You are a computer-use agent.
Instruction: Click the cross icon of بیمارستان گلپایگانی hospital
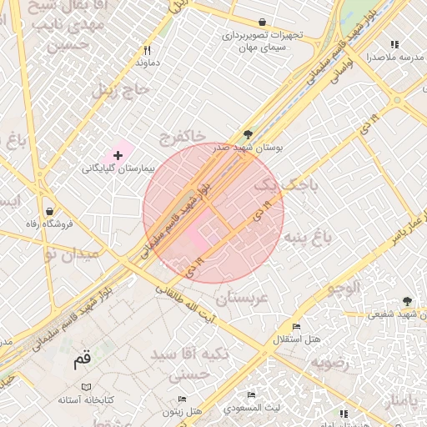click(x=118, y=155)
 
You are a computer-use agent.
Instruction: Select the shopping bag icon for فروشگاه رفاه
click(x=52, y=211)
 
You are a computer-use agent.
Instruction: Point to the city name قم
click(x=82, y=361)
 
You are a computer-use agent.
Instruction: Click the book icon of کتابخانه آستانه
click(x=88, y=388)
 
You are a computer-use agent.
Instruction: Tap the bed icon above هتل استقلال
click(x=295, y=326)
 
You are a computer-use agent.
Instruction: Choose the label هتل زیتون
click(x=184, y=411)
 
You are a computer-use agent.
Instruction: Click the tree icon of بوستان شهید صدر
click(x=248, y=134)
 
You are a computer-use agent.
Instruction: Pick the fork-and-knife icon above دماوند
click(x=147, y=49)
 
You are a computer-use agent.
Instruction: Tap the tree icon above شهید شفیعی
click(x=407, y=301)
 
